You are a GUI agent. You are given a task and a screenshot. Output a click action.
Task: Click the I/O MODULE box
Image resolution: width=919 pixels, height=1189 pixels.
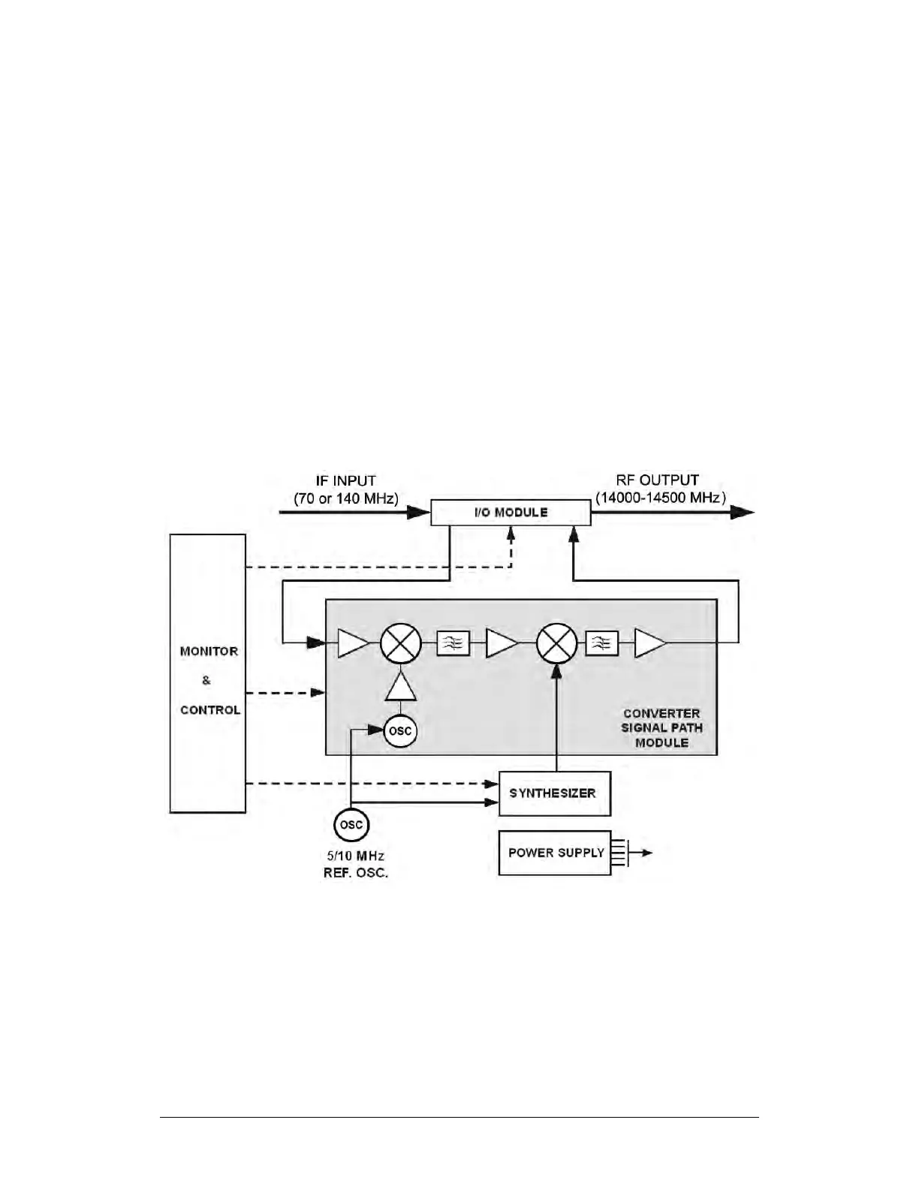pyautogui.click(x=511, y=513)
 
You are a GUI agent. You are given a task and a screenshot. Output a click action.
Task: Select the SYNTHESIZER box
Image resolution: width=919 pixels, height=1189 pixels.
pyautogui.click(x=555, y=793)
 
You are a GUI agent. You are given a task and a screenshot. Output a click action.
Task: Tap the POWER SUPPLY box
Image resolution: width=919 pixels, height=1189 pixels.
pyautogui.click(x=555, y=853)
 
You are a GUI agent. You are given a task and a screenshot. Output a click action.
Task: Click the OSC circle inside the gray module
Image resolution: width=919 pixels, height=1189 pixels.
pyautogui.click(x=400, y=731)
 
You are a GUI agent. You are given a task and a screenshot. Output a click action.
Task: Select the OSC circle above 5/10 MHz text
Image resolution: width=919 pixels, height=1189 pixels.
pyautogui.click(x=351, y=825)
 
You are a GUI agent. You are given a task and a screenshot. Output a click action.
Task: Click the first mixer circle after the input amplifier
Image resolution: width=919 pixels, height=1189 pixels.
pyautogui.click(x=399, y=643)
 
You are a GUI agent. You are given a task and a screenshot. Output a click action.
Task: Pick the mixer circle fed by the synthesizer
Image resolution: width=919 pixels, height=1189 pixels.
pyautogui.click(x=557, y=643)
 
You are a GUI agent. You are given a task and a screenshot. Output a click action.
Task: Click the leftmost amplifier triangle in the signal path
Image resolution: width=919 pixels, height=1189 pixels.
pyautogui.click(x=352, y=643)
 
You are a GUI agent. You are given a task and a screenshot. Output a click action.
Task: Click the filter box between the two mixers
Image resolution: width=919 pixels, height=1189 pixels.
pyautogui.click(x=453, y=643)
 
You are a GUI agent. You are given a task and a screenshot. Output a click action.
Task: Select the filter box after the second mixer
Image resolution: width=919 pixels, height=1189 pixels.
pyautogui.click(x=602, y=643)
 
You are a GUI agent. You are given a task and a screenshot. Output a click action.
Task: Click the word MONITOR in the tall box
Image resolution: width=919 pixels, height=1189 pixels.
pyautogui.click(x=209, y=652)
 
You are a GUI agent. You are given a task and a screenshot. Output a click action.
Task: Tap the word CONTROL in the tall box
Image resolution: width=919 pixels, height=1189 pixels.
pyautogui.click(x=210, y=710)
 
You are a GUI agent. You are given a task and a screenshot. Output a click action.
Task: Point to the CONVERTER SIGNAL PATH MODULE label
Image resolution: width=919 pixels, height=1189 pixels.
pyautogui.click(x=661, y=727)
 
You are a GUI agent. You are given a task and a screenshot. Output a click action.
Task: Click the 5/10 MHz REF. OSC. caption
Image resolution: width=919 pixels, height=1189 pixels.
pyautogui.click(x=356, y=865)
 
